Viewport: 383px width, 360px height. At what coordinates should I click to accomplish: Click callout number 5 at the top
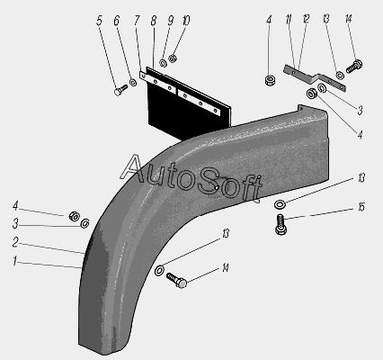click(100, 21)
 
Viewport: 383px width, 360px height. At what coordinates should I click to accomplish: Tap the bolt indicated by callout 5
click(120, 90)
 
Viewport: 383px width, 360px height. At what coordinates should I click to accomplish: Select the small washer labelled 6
click(133, 82)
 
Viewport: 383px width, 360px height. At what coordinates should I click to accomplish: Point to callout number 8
click(154, 21)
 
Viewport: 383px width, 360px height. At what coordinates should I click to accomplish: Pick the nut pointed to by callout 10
click(173, 58)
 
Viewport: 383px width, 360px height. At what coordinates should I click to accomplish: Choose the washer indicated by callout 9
click(163, 63)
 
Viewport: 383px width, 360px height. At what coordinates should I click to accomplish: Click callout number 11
click(289, 20)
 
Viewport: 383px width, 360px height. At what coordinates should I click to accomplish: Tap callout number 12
click(306, 20)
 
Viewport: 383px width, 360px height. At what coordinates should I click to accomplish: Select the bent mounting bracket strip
click(315, 78)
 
